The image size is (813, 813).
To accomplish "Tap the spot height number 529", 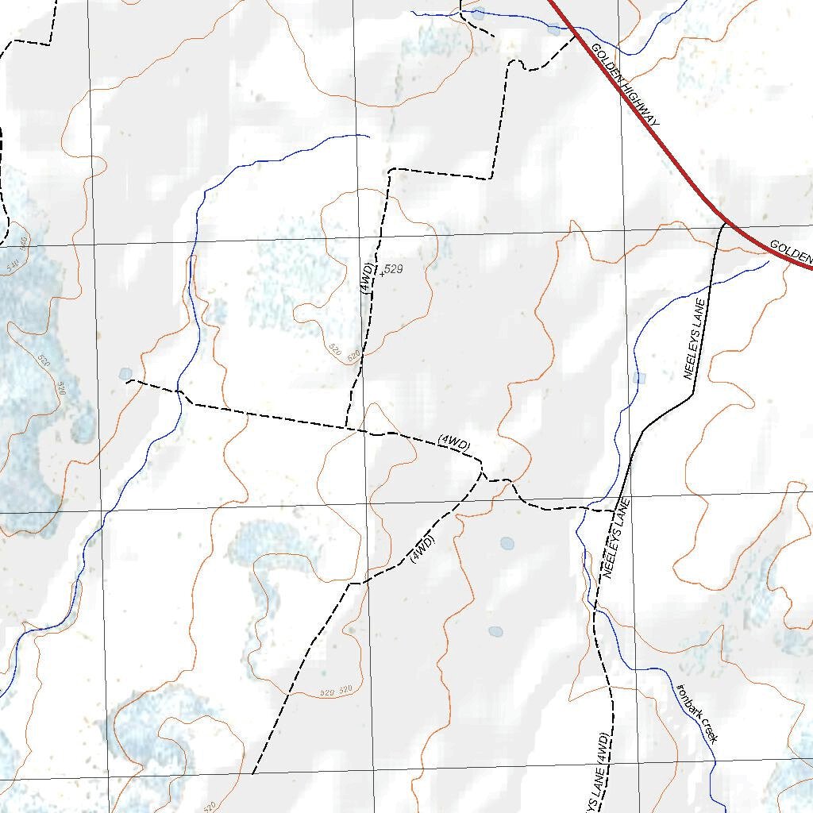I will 394,270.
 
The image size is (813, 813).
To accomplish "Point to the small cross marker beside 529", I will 382,275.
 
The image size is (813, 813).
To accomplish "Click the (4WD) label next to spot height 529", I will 366,278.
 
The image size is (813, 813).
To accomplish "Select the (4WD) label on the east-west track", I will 454,444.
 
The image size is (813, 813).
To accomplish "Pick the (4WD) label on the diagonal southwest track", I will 423,549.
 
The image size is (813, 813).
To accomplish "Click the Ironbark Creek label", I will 697,713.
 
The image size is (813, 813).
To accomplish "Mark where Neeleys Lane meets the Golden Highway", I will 724,223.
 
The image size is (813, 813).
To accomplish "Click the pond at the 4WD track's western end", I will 125,374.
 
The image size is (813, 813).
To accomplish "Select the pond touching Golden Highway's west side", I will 553,29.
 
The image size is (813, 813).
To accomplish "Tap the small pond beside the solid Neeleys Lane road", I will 640,378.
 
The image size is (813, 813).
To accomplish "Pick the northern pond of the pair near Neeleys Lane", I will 507,544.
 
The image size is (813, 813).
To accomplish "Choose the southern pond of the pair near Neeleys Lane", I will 495,632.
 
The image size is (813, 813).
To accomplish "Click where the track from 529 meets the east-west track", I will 347,427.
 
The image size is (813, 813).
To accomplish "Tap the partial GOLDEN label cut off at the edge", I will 791,252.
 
